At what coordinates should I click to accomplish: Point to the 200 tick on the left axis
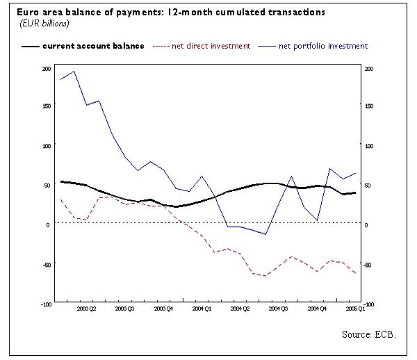(x=47, y=69)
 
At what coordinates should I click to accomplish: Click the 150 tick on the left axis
(x=47, y=106)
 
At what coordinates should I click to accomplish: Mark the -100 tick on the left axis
(x=45, y=304)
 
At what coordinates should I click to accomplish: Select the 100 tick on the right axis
(x=369, y=146)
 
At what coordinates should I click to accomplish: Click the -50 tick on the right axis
(x=369, y=265)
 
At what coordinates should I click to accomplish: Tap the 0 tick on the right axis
(x=366, y=224)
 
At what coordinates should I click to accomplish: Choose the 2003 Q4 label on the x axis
(x=163, y=307)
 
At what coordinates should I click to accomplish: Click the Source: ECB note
(x=369, y=334)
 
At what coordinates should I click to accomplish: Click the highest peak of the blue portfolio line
(x=74, y=71)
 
